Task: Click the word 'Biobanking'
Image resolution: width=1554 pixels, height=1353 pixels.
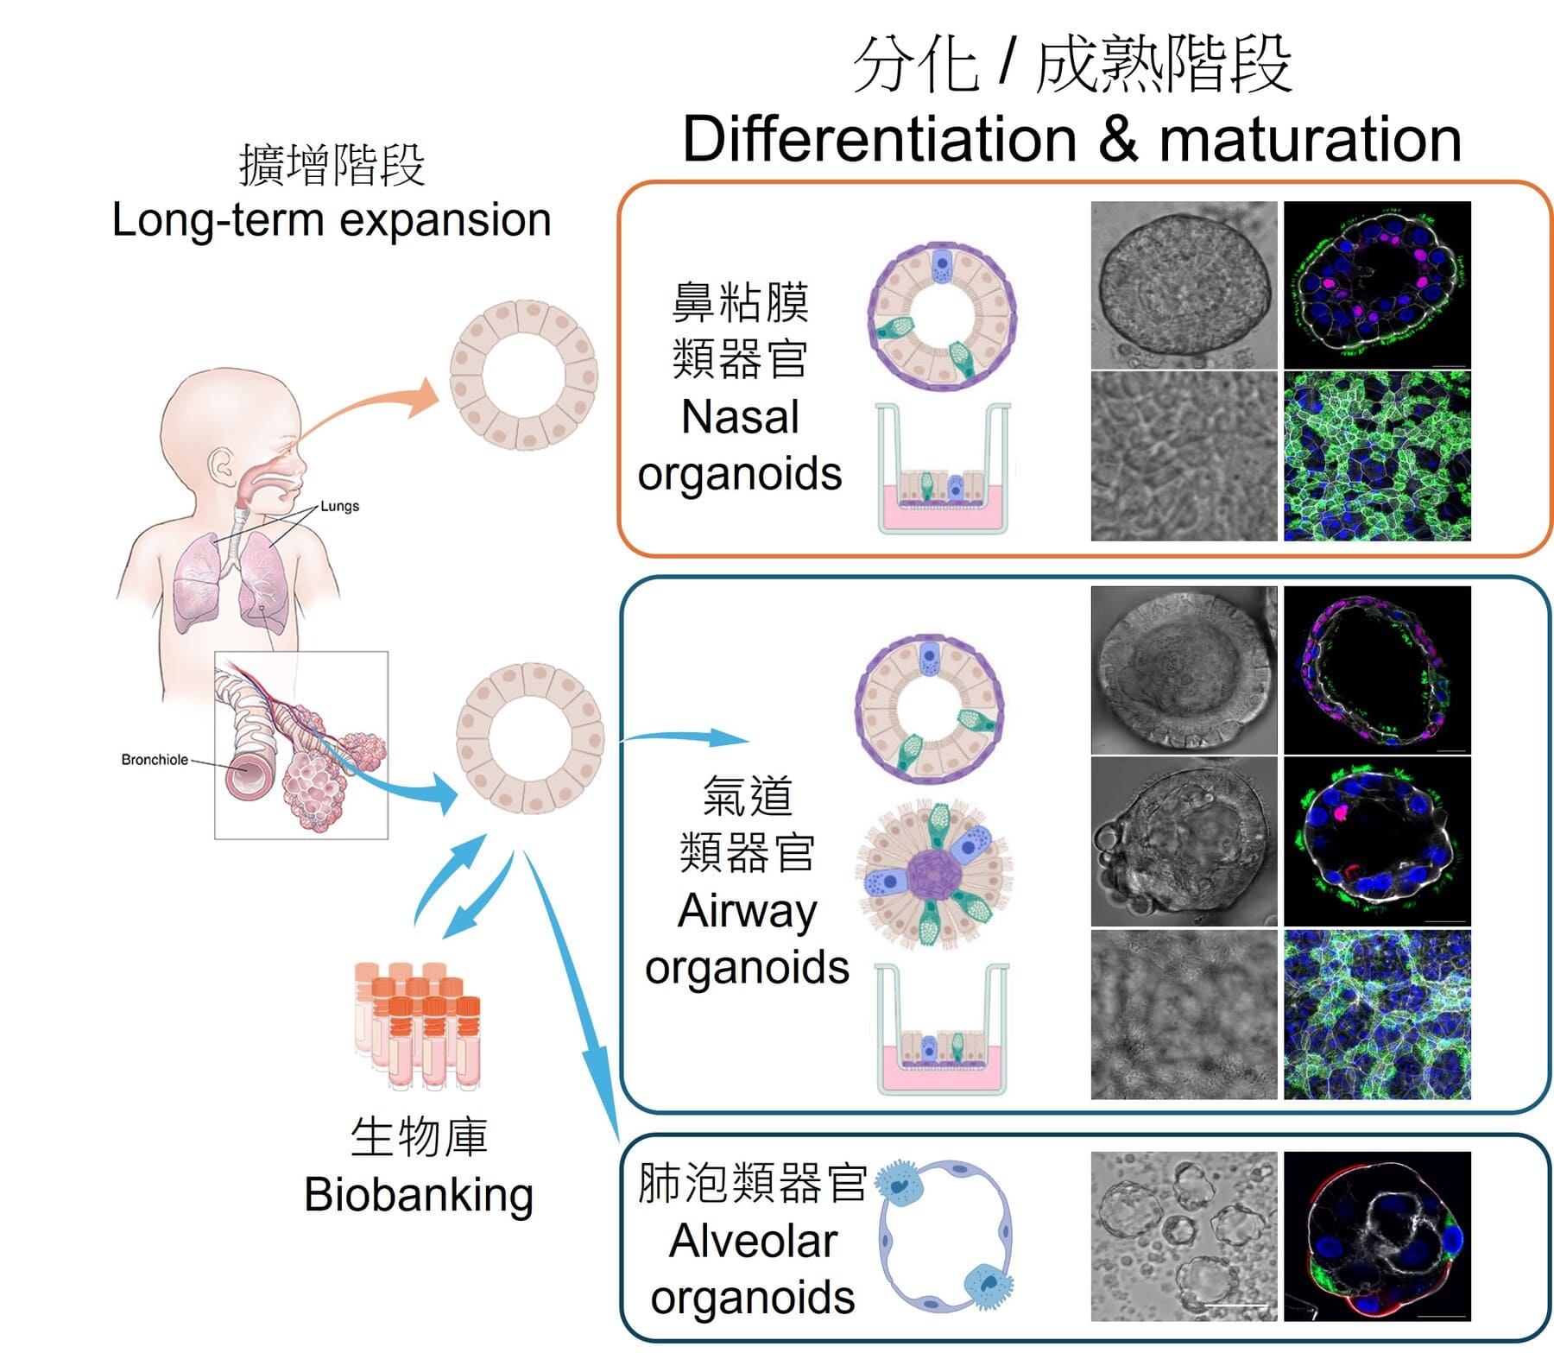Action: pos(419,1196)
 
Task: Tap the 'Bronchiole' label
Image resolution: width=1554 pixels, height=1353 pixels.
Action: pos(155,760)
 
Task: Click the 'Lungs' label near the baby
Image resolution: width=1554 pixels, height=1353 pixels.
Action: pos(339,506)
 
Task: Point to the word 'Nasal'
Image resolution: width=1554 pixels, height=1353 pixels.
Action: pos(740,417)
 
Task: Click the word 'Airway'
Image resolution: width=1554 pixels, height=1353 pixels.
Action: pos(748,911)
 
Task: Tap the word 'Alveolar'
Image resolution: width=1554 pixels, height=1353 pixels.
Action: pos(753,1242)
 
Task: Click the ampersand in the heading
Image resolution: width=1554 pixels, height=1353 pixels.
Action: pos(1118,140)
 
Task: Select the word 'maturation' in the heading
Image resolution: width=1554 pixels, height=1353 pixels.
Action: pos(1310,140)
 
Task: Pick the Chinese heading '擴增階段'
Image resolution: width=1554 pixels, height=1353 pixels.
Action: pos(332,165)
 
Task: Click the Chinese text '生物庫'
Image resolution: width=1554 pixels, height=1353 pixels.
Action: pos(419,1137)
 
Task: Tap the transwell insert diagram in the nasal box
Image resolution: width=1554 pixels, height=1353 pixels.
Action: pos(943,471)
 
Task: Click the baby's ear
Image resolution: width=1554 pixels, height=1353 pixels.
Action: pos(224,469)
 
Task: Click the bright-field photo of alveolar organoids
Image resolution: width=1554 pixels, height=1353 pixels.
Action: pos(1184,1236)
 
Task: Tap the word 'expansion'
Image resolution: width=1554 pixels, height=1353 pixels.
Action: pos(445,220)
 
